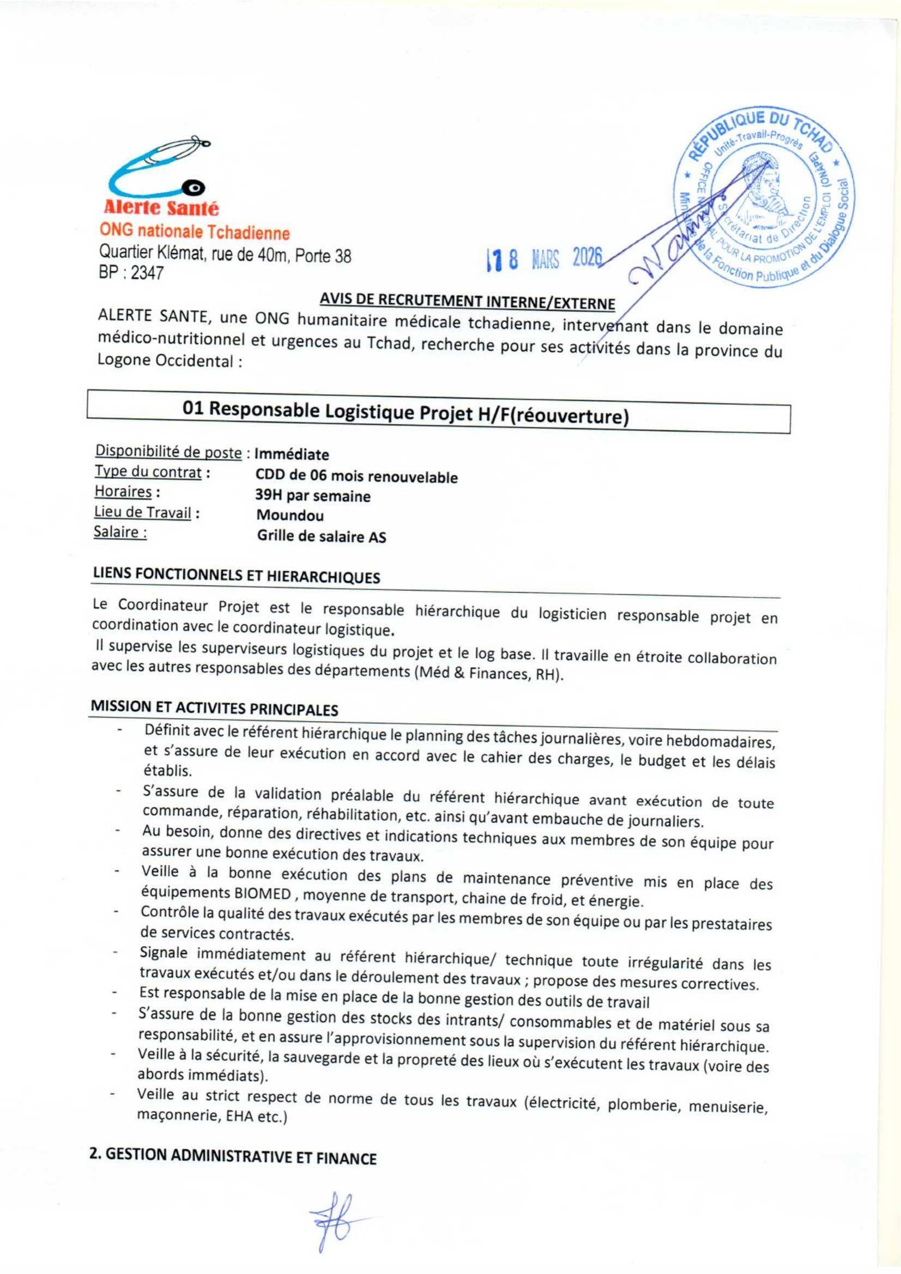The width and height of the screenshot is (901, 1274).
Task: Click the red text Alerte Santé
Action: click(x=161, y=208)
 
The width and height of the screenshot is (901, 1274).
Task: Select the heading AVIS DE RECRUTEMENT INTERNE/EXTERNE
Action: click(x=467, y=302)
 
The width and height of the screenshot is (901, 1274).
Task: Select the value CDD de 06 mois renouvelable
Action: click(x=356, y=476)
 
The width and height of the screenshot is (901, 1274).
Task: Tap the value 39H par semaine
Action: click(x=312, y=496)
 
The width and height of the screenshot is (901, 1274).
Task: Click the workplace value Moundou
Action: click(x=290, y=515)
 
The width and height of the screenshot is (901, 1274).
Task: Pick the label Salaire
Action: click(x=120, y=533)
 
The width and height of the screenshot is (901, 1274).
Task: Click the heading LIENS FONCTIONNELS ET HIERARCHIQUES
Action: click(x=236, y=576)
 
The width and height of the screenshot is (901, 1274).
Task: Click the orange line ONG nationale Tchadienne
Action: click(x=194, y=232)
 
